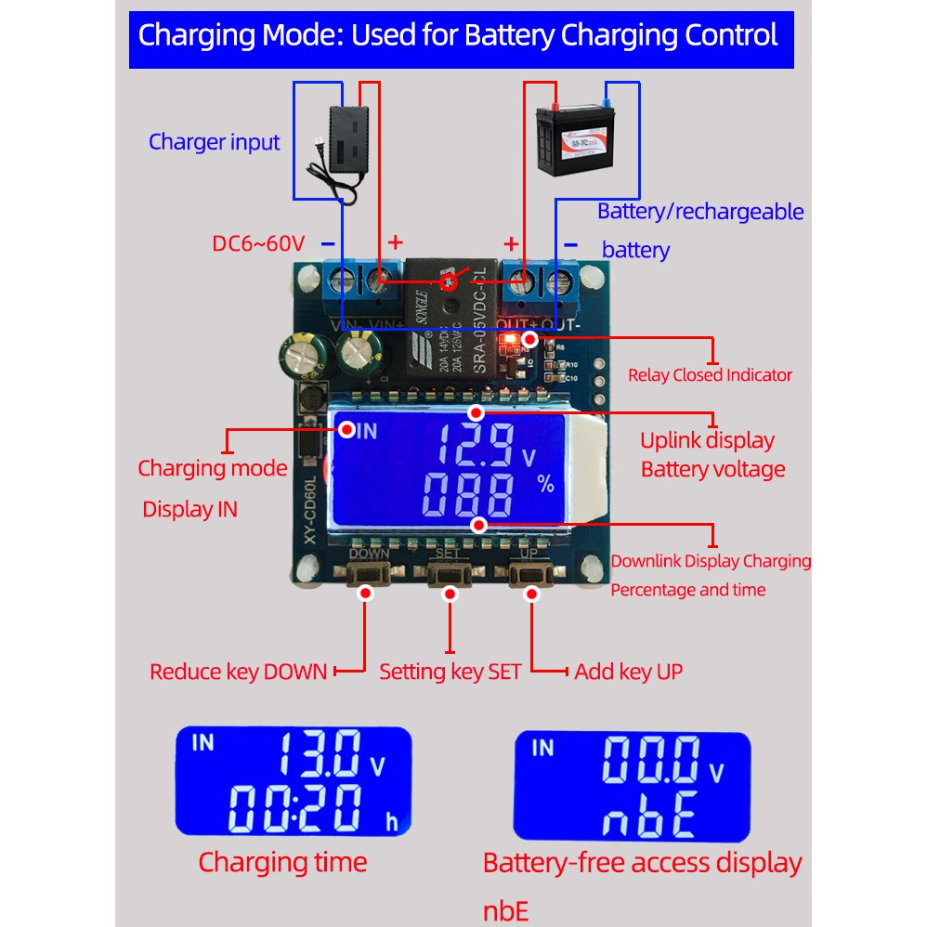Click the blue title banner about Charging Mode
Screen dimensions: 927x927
pyautogui.click(x=461, y=37)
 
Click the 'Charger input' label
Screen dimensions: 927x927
pyautogui.click(x=214, y=142)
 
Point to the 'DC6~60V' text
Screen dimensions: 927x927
pyautogui.click(x=258, y=244)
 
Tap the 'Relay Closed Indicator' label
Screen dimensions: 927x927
pyautogui.click(x=710, y=375)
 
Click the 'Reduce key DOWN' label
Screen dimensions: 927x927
pyautogui.click(x=239, y=672)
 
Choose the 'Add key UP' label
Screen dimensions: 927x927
pyautogui.click(x=628, y=672)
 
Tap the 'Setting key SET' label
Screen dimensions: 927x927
pyautogui.click(x=450, y=672)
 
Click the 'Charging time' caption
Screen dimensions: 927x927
pyautogui.click(x=282, y=862)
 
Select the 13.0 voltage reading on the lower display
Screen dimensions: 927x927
pyautogui.click(x=321, y=753)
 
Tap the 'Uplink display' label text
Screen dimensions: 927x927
pyautogui.click(x=707, y=440)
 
